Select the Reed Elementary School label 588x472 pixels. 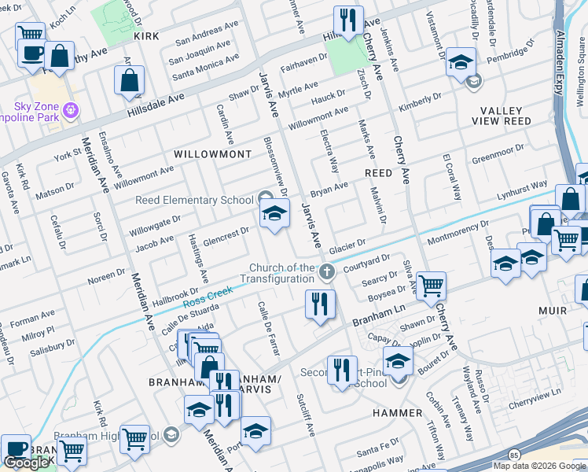[194, 200]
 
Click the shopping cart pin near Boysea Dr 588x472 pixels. [430, 286]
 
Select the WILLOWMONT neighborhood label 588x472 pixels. [212, 154]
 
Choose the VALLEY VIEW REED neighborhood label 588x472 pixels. [503, 116]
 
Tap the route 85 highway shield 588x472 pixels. [513, 455]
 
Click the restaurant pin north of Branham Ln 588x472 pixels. [320, 304]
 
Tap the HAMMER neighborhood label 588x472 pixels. [398, 413]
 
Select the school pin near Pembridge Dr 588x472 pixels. [461, 62]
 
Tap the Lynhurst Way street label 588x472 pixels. [521, 190]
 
